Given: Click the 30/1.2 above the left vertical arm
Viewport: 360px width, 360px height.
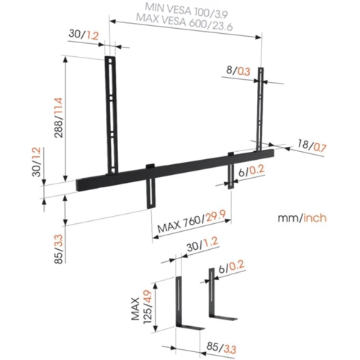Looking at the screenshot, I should [x=82, y=35].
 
